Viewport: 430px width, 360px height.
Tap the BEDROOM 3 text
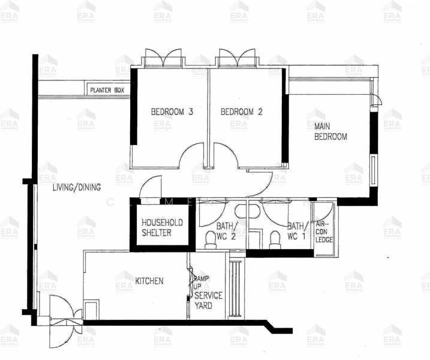click(x=172, y=112)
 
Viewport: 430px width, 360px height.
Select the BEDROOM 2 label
click(x=242, y=112)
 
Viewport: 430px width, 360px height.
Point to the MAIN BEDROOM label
click(x=330, y=131)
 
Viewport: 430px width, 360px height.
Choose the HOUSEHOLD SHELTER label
click(x=161, y=227)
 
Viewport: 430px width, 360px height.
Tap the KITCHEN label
click(x=149, y=281)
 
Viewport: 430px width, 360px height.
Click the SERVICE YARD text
click(x=208, y=300)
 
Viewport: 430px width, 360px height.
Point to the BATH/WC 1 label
click(x=297, y=230)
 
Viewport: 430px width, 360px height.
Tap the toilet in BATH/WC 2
click(x=211, y=241)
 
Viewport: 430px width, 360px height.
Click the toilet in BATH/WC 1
click(x=275, y=240)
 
